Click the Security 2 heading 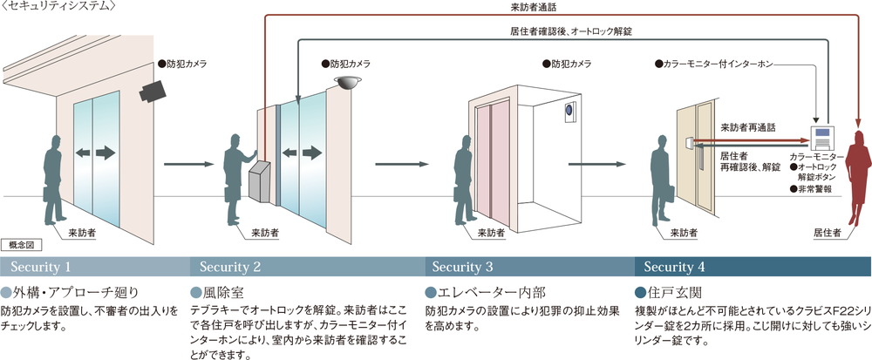pos(229,266)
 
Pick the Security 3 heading pos(462,266)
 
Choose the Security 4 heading pos(676,266)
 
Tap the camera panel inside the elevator pos(569,113)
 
